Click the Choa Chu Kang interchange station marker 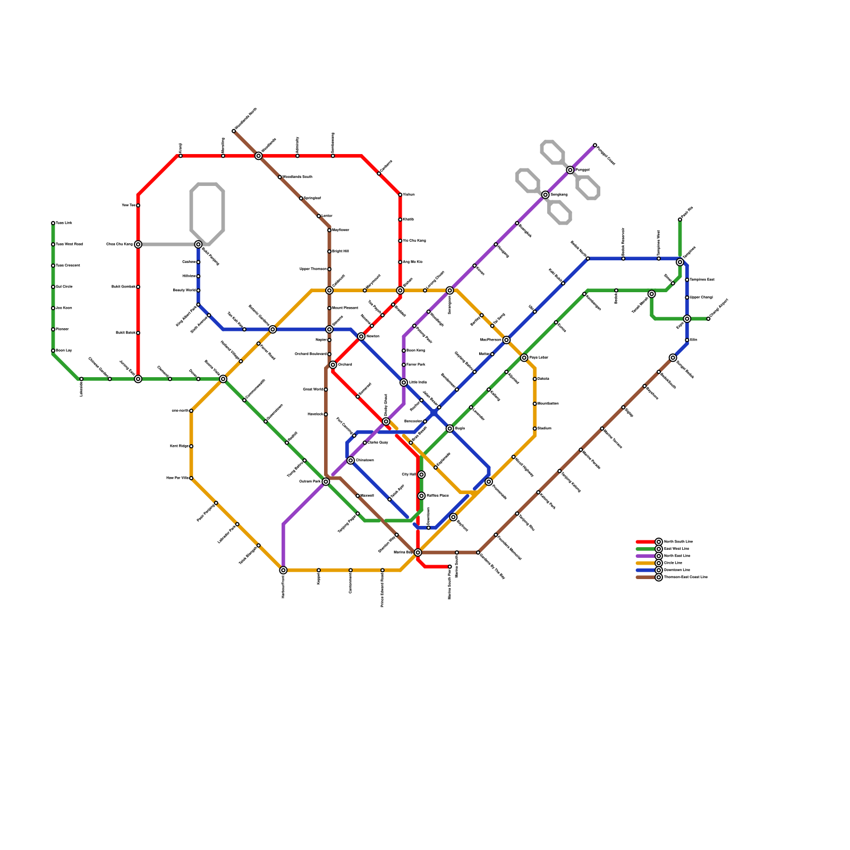[138, 244]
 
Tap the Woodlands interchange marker [259, 156]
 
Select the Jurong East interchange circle [138, 379]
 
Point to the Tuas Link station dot [53, 223]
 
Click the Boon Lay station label [64, 351]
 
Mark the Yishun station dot [400, 195]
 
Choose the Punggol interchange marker [570, 170]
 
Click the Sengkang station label [559, 195]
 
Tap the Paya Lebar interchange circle [524, 358]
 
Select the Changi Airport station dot [708, 319]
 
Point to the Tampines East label [702, 280]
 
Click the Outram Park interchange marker [326, 481]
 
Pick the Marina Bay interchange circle [418, 552]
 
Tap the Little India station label [418, 382]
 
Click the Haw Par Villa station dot [191, 478]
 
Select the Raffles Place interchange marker [421, 496]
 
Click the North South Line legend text [678, 542]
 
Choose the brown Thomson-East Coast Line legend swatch [645, 577]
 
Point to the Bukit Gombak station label [123, 287]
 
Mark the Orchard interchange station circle [333, 365]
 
